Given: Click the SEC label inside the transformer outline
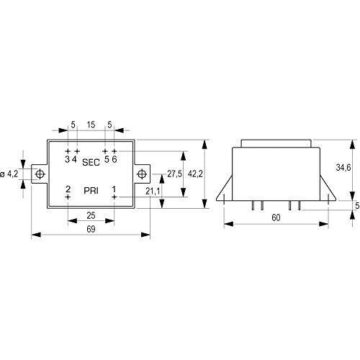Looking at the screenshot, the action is [91, 162].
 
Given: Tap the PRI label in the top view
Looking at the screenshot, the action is [91, 191].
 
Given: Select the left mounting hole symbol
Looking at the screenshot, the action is [40, 174].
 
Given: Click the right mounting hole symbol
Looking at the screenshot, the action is [142, 174].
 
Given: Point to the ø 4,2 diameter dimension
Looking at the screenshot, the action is [9, 174].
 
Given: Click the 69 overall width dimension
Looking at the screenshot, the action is [91, 229].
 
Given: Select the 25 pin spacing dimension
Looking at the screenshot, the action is [91, 215].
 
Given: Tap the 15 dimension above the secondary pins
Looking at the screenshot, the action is [91, 125].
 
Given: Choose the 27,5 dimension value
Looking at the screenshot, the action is [174, 174].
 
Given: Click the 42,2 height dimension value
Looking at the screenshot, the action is [195, 174].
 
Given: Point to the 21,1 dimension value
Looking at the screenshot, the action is [153, 192].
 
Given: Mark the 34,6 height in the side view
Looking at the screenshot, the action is [343, 168].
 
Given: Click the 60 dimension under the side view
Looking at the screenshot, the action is [276, 217].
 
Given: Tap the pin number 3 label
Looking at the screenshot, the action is [68, 159].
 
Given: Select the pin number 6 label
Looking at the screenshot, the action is [114, 159].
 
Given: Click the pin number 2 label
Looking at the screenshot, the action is [68, 189].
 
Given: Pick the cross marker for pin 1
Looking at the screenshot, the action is [114, 197].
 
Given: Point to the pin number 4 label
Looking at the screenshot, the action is [74, 159].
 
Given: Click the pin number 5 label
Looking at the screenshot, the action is [107, 159].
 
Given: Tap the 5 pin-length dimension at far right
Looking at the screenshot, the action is [357, 206].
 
